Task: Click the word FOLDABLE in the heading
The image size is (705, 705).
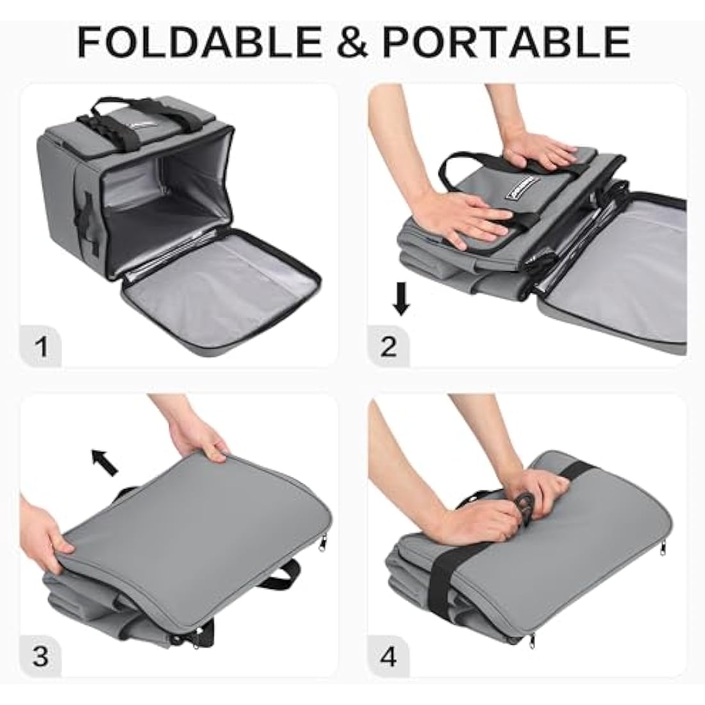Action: coord(198,42)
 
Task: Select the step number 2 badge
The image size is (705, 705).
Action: coord(389,347)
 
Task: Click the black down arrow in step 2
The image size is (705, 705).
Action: coord(401,299)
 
